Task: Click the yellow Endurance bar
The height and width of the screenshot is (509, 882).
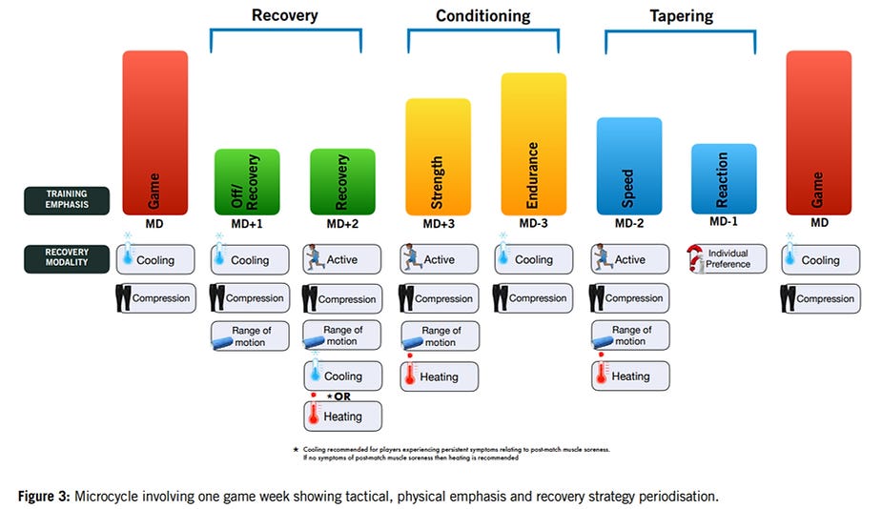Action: point(533,143)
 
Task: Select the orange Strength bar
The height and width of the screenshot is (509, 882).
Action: point(438,156)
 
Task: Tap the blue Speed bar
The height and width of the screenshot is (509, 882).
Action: point(629,166)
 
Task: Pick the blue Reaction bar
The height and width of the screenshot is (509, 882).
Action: point(724,178)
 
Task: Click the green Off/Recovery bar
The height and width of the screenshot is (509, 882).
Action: point(247,182)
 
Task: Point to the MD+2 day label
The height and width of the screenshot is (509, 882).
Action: point(342,224)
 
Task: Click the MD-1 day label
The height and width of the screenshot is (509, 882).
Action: point(724,223)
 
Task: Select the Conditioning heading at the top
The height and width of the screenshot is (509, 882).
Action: point(482,16)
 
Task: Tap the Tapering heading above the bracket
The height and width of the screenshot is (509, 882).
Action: point(680,16)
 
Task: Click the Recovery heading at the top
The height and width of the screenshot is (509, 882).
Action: point(284,15)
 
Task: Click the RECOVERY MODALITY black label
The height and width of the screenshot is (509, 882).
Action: point(66,259)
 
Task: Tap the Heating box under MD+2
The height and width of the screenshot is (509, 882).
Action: point(342,417)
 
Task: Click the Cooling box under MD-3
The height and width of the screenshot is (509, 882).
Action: point(533,259)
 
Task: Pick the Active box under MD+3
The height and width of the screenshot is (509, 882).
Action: point(438,259)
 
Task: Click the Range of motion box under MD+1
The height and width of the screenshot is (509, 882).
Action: point(247,336)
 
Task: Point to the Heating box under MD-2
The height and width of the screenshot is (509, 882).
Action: point(629,377)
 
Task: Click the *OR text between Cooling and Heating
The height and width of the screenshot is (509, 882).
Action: point(340,396)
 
